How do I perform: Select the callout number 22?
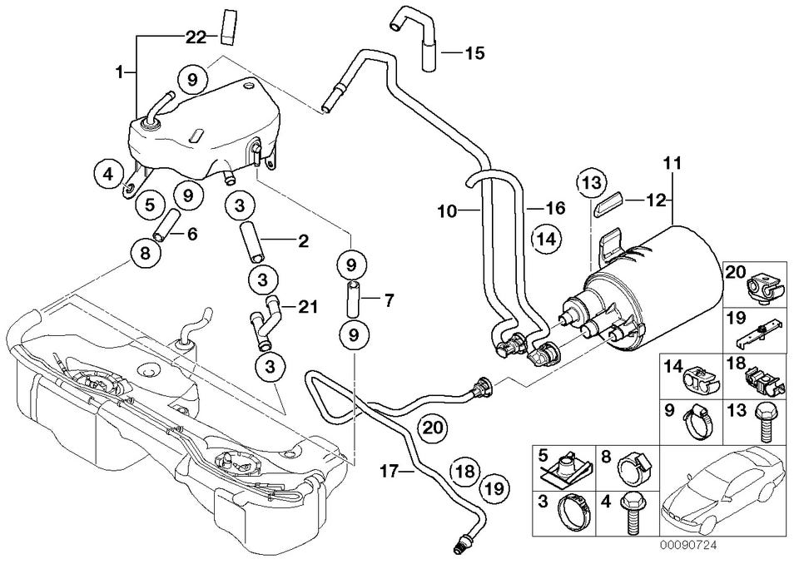click(x=195, y=36)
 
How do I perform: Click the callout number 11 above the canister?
click(x=672, y=161)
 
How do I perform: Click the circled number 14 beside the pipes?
click(x=546, y=240)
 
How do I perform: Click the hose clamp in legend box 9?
click(x=696, y=418)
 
